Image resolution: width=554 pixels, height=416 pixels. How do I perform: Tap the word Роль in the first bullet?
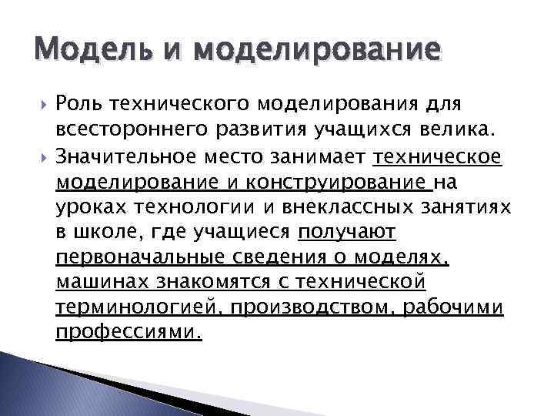(78, 104)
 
